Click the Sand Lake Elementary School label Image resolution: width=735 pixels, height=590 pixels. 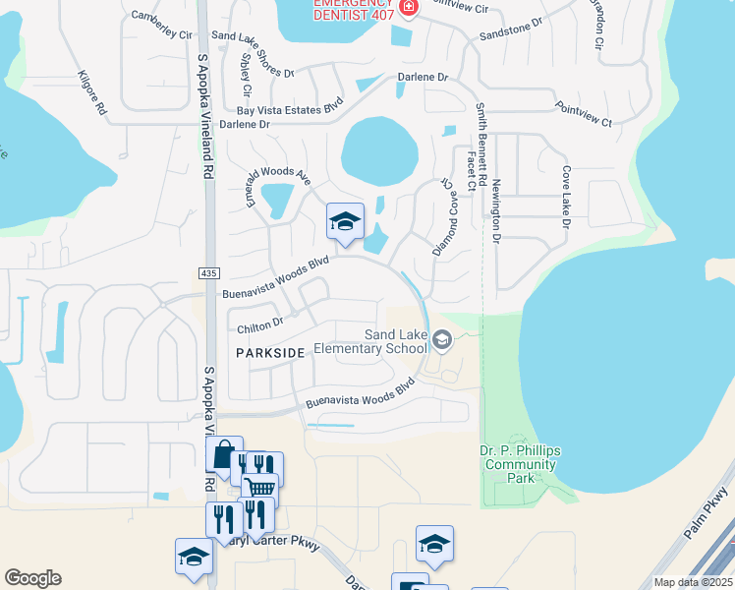point(395,341)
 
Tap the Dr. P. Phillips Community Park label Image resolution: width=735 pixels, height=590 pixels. point(521,464)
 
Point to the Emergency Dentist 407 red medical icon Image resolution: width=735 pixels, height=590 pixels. point(410,6)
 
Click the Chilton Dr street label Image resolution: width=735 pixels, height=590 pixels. point(260,322)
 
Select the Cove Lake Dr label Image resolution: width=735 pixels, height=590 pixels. point(566,198)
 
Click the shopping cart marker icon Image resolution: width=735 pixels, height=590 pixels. point(260,488)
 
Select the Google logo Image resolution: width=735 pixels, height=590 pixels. point(32,578)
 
